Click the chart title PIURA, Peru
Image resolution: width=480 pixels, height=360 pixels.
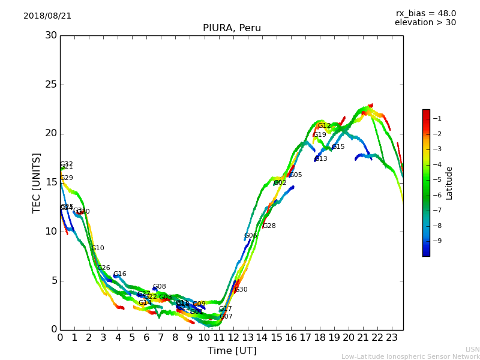(232, 28)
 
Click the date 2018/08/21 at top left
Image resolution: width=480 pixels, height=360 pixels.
(47, 16)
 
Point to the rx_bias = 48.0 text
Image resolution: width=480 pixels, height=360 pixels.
(425, 14)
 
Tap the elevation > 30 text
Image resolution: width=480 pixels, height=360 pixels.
(425, 23)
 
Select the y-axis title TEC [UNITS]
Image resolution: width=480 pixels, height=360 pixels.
(37, 182)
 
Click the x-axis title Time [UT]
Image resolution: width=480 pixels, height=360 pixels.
(232, 351)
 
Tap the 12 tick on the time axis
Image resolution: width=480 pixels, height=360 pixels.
(233, 338)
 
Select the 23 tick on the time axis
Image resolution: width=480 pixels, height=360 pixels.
(392, 338)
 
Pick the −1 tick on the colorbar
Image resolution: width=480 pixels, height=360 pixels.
(437, 119)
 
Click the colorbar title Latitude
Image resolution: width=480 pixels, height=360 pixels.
(449, 183)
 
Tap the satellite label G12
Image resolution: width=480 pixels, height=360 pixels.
(324, 126)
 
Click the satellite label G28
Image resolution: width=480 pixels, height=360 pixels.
(269, 226)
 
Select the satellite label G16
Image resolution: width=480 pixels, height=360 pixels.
(120, 274)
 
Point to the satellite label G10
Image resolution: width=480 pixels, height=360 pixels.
(98, 248)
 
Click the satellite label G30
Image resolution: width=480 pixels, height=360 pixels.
(241, 290)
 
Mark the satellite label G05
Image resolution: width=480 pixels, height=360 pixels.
(296, 175)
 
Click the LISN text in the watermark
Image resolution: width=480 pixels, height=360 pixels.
(472, 349)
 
